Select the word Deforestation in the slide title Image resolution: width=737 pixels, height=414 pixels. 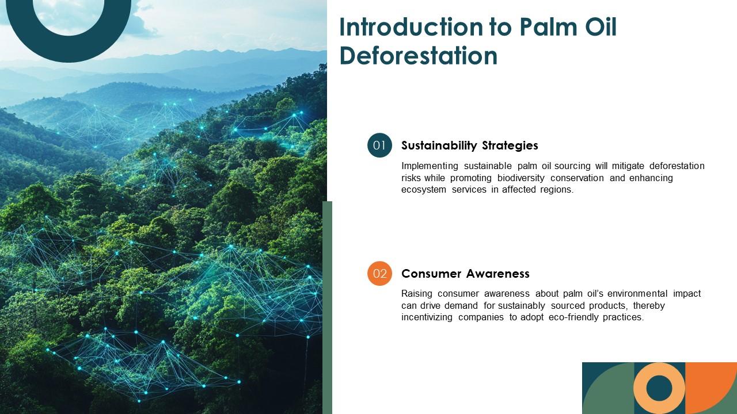419,56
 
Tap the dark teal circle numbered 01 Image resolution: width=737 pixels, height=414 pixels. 379,145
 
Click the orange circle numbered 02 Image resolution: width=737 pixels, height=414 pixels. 379,274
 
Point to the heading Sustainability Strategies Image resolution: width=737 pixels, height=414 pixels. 469,145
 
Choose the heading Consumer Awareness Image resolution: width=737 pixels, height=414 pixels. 465,274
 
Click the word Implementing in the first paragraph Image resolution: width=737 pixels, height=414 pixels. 429,166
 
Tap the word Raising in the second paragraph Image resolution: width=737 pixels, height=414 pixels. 417,294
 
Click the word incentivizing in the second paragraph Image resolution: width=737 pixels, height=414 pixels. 427,317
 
